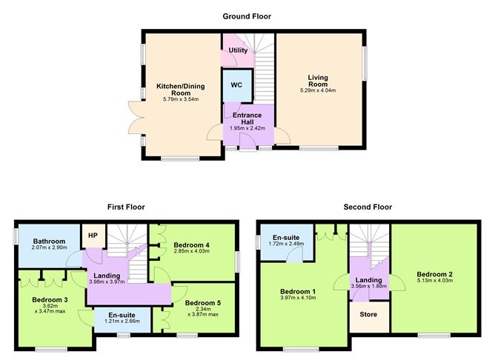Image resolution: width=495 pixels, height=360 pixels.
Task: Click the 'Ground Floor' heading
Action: [247, 16]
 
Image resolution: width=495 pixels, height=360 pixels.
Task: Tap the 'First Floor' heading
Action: [124, 207]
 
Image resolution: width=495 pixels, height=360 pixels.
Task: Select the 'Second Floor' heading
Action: [368, 207]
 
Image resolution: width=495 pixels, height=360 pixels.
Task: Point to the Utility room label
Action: [238, 50]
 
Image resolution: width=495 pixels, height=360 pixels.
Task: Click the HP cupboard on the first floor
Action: [93, 236]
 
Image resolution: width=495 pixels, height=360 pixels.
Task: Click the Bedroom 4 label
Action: [192, 244]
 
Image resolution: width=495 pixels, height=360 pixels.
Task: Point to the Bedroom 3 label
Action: [50, 300]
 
